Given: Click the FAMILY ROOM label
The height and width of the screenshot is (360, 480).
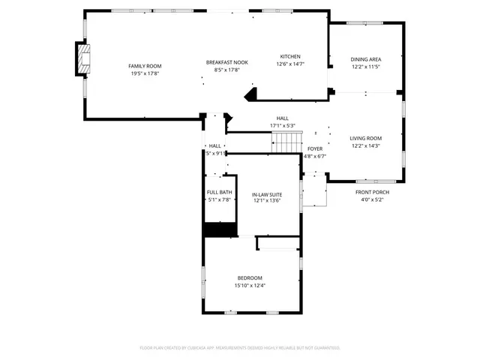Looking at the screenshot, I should coord(144,66).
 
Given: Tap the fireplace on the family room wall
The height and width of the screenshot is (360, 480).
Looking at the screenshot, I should coord(82,60).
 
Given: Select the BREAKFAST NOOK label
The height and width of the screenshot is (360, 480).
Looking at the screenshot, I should coord(226,62).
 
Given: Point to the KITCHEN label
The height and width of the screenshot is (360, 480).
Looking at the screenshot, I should coord(290,57).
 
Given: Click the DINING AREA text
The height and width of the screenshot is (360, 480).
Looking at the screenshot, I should coord(366,59).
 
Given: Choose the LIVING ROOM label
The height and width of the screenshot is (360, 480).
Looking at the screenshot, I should coord(366,138).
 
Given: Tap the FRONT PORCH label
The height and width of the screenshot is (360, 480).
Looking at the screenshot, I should coord(371,193).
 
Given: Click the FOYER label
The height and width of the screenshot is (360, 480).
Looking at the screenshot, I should coord(315,148).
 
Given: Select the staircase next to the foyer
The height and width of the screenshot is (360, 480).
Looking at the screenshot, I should coord(285,142).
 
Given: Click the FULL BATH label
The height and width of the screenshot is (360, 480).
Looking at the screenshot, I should coord(219,193).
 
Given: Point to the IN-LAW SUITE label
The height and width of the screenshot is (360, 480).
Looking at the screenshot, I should coord(266,193).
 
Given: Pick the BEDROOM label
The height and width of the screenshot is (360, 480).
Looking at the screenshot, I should coord(250,277).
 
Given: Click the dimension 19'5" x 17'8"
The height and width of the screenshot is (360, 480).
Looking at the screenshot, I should coord(144,73).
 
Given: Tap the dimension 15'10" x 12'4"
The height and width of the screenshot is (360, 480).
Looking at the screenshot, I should coord(250,285).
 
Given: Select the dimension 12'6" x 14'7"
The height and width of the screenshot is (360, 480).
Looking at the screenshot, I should coord(290,64).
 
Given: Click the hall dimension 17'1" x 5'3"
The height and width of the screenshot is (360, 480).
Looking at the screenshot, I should coord(282,125).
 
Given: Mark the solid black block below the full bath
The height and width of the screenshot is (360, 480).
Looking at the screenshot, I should coord(220,230).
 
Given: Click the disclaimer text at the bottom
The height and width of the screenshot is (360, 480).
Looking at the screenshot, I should coord(240,348).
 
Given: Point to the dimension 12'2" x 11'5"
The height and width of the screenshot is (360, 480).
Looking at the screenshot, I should coord(366,67).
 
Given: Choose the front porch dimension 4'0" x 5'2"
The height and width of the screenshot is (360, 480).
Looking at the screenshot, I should coord(371,200).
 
